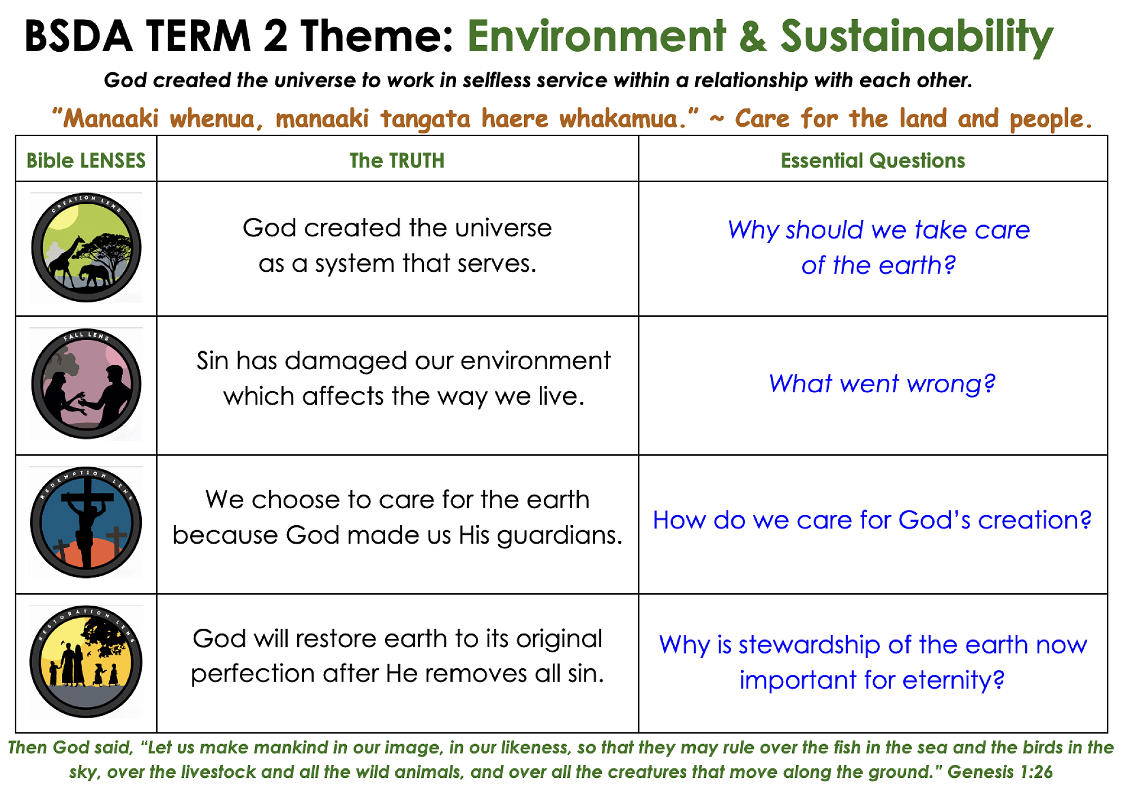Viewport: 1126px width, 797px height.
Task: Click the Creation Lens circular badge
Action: [x=86, y=248]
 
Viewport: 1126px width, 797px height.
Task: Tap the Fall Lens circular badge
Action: [x=86, y=384]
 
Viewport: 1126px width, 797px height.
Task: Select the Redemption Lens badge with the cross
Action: [x=86, y=522]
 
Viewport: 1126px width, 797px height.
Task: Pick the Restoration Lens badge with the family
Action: [x=86, y=661]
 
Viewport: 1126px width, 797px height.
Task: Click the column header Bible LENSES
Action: [x=86, y=160]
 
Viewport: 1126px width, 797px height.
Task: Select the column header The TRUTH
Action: [x=397, y=160]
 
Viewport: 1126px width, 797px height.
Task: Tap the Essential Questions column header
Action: [x=873, y=160]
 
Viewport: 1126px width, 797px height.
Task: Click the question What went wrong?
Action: [x=882, y=384]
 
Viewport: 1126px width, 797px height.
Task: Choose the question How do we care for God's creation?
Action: [x=872, y=520]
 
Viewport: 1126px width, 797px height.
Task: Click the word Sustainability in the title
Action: [x=917, y=37]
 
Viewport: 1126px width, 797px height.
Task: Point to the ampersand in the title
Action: [x=753, y=37]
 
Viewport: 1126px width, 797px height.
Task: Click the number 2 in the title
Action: [x=276, y=37]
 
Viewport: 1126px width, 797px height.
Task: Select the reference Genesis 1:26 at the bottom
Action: [x=1000, y=772]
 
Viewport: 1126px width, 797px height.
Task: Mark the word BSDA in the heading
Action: [x=78, y=37]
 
